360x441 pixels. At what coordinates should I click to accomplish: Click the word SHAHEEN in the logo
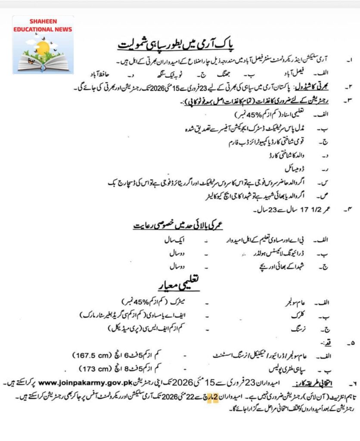(43, 21)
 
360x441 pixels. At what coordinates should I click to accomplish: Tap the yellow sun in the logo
(43, 48)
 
